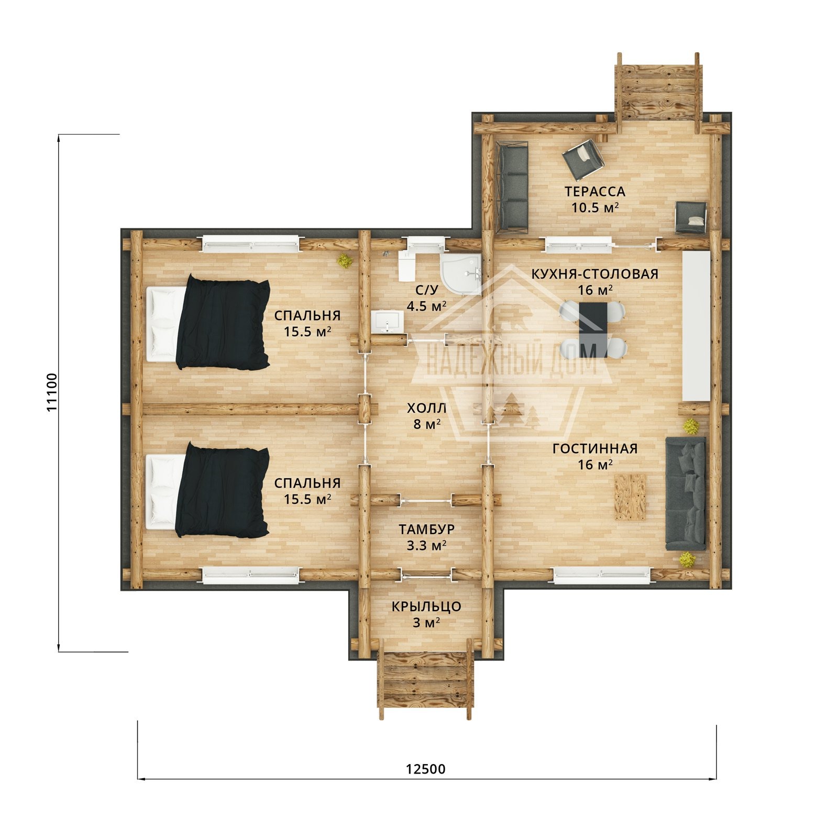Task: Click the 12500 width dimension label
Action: pyautogui.click(x=425, y=769)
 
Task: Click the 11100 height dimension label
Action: pyautogui.click(x=52, y=392)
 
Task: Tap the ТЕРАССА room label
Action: pyautogui.click(x=595, y=192)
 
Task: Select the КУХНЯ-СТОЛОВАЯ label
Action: pyautogui.click(x=595, y=274)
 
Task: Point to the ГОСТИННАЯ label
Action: pyautogui.click(x=595, y=449)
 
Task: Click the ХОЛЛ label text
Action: pyautogui.click(x=427, y=408)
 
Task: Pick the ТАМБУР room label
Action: pyautogui.click(x=426, y=530)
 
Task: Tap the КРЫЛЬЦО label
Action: pyautogui.click(x=426, y=607)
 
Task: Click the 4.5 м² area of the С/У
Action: pyautogui.click(x=426, y=306)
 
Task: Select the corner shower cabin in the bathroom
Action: pyautogui.click(x=461, y=274)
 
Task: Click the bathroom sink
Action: pyautogui.click(x=388, y=322)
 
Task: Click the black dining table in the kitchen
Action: pyautogui.click(x=593, y=329)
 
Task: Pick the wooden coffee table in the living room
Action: pyautogui.click(x=630, y=497)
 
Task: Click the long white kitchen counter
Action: pyautogui.click(x=696, y=326)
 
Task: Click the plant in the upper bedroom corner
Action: pyautogui.click(x=345, y=260)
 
